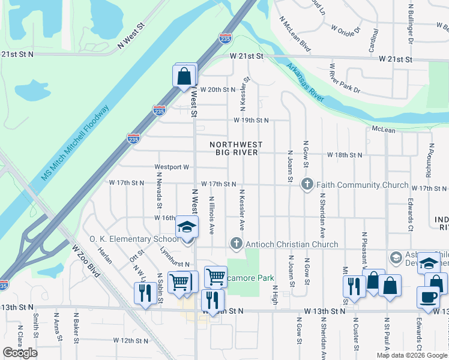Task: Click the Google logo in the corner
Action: tap(20, 353)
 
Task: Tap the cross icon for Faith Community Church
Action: tap(307, 185)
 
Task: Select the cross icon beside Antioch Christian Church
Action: tap(236, 244)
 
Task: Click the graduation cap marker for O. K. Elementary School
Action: tap(187, 228)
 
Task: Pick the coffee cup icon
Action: tap(428, 298)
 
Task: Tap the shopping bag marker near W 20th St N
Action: tap(184, 77)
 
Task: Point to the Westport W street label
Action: tap(172, 167)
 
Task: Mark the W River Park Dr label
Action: tap(345, 78)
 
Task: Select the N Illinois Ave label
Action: tap(211, 215)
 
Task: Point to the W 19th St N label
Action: tap(251, 120)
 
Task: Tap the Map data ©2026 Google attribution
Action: tap(411, 355)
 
